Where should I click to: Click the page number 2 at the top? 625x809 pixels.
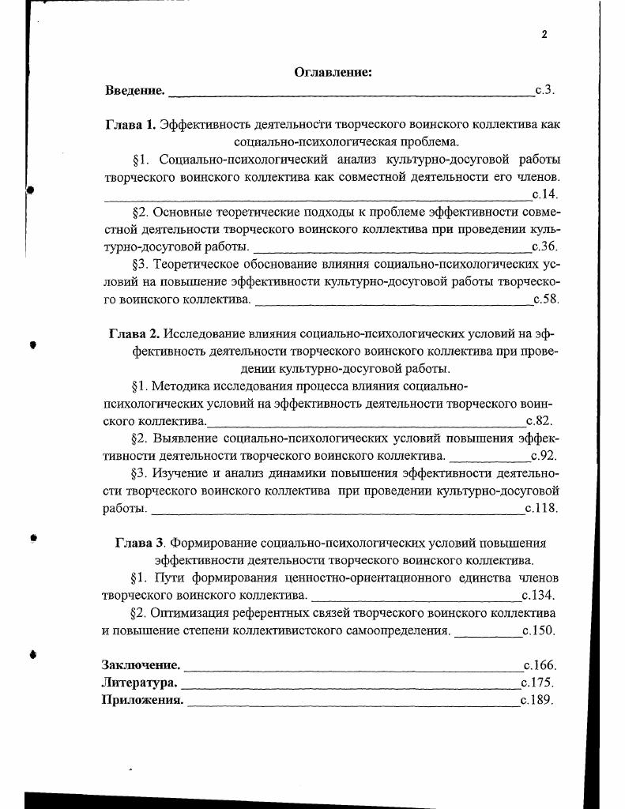click(x=544, y=34)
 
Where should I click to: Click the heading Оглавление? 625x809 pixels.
click(x=333, y=73)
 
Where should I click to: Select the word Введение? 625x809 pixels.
click(x=135, y=90)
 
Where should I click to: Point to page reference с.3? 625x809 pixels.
click(x=545, y=90)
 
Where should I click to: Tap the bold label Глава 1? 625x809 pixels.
click(x=131, y=125)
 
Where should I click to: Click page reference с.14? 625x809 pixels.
click(x=545, y=194)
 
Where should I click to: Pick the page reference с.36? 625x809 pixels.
click(x=545, y=246)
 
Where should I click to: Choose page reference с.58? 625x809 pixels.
click(x=546, y=299)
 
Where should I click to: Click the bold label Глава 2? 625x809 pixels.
click(x=134, y=333)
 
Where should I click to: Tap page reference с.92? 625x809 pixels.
click(x=544, y=456)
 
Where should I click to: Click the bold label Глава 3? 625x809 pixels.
click(x=140, y=544)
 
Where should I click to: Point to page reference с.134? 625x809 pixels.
click(x=538, y=596)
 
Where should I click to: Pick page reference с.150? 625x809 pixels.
click(x=539, y=630)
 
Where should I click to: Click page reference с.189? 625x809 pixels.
click(x=537, y=700)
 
